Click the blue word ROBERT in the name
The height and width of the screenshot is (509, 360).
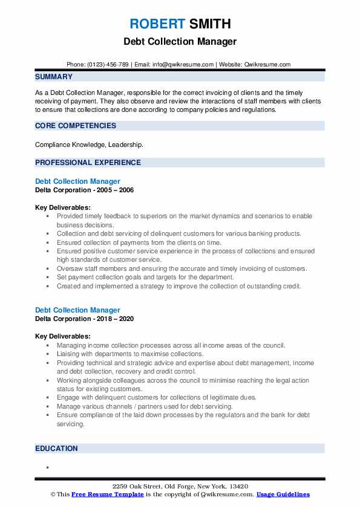tap(157, 24)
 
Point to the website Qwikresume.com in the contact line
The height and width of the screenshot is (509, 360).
tap(268, 65)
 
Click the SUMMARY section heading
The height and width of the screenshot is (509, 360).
tap(54, 77)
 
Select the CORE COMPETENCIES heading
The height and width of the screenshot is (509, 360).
tap(76, 126)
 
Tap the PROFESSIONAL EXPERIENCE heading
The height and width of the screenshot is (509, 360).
tap(88, 162)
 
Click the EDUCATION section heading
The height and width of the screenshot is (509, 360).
tap(56, 449)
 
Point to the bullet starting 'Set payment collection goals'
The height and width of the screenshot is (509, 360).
tap(145, 277)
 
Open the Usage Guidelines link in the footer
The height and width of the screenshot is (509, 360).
tap(283, 494)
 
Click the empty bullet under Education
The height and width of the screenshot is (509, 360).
tap(47, 467)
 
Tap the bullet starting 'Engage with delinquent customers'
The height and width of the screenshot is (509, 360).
tap(157, 397)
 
